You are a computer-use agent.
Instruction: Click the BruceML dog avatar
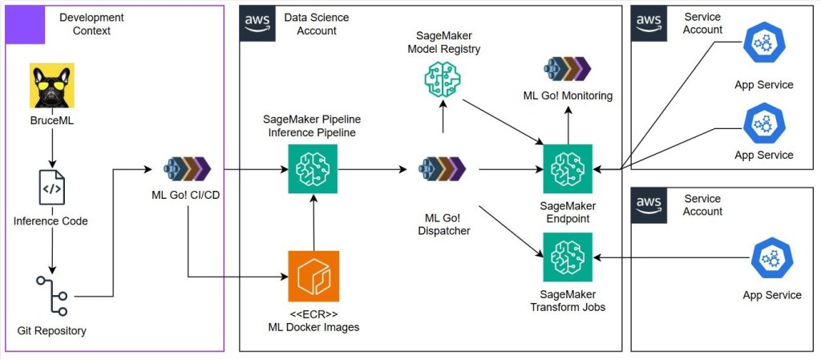(52, 86)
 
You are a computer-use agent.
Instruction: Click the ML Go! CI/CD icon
(187, 169)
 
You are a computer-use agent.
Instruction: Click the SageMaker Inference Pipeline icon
(313, 169)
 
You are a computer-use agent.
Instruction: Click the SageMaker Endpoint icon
(568, 169)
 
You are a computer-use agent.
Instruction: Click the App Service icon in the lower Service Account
(771, 257)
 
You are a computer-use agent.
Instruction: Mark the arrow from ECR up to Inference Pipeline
(313, 223)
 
